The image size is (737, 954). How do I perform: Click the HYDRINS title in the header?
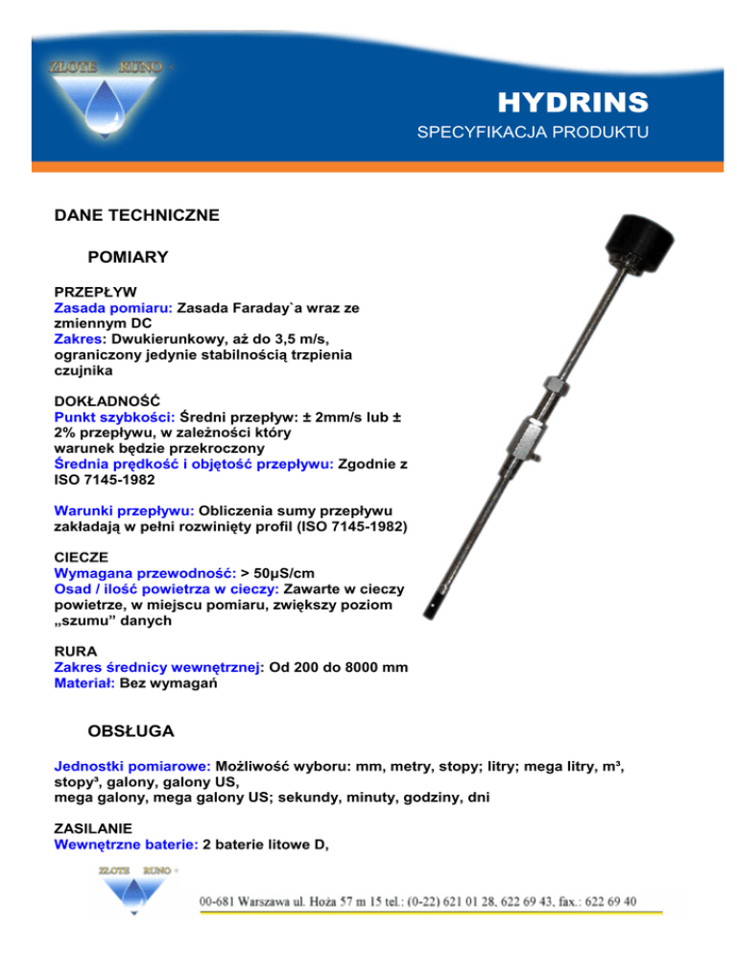573,102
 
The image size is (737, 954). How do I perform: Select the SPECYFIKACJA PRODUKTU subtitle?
533,131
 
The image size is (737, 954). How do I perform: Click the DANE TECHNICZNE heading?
137,216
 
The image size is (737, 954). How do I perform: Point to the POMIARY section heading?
128,257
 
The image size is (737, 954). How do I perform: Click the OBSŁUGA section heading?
130,731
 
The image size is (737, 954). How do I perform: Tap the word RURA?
75,650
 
